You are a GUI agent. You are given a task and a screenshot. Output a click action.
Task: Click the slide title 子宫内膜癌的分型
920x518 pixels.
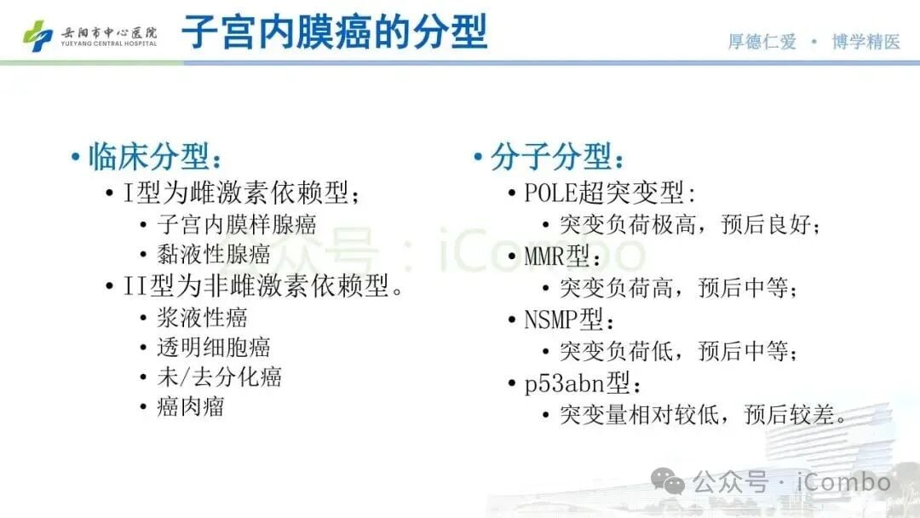point(334,32)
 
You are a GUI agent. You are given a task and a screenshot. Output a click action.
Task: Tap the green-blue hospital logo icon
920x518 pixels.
point(37,35)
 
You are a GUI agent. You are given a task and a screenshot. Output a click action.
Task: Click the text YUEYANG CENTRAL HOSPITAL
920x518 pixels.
point(109,43)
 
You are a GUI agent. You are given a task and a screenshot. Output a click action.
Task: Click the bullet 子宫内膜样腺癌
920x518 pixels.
point(237,225)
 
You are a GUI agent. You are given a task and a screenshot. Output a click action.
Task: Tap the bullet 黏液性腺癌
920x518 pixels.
point(214,253)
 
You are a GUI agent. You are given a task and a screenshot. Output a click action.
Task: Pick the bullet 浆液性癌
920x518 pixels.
point(202,318)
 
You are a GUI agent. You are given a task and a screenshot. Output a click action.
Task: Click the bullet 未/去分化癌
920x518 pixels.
point(219,377)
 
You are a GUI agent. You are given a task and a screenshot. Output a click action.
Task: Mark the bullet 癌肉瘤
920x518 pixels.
point(191,406)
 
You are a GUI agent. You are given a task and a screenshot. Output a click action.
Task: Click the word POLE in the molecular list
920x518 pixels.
point(552,193)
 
